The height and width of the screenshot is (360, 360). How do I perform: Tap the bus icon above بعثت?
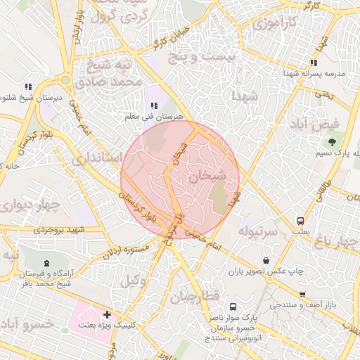click(x=301, y=220)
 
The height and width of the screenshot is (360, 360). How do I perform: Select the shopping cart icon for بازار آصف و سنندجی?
click(x=302, y=295)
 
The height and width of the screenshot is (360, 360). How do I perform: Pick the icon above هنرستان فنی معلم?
click(x=153, y=106)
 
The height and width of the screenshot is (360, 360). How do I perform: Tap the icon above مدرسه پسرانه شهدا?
click(x=313, y=63)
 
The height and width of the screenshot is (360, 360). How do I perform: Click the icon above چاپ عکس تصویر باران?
click(x=264, y=261)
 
